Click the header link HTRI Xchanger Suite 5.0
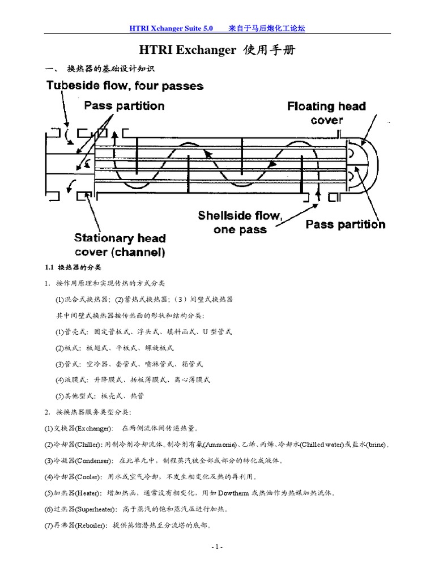tap(172, 28)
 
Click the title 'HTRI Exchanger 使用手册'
tap(217, 51)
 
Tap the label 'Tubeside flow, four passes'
tap(125, 87)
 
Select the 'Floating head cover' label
tap(326, 113)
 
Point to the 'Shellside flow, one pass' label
tap(240, 222)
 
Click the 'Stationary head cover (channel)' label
tap(120, 245)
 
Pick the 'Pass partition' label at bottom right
tap(345, 224)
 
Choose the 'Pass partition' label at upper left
tap(124, 106)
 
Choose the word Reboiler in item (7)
tap(90, 526)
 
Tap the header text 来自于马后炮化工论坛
tap(267, 28)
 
